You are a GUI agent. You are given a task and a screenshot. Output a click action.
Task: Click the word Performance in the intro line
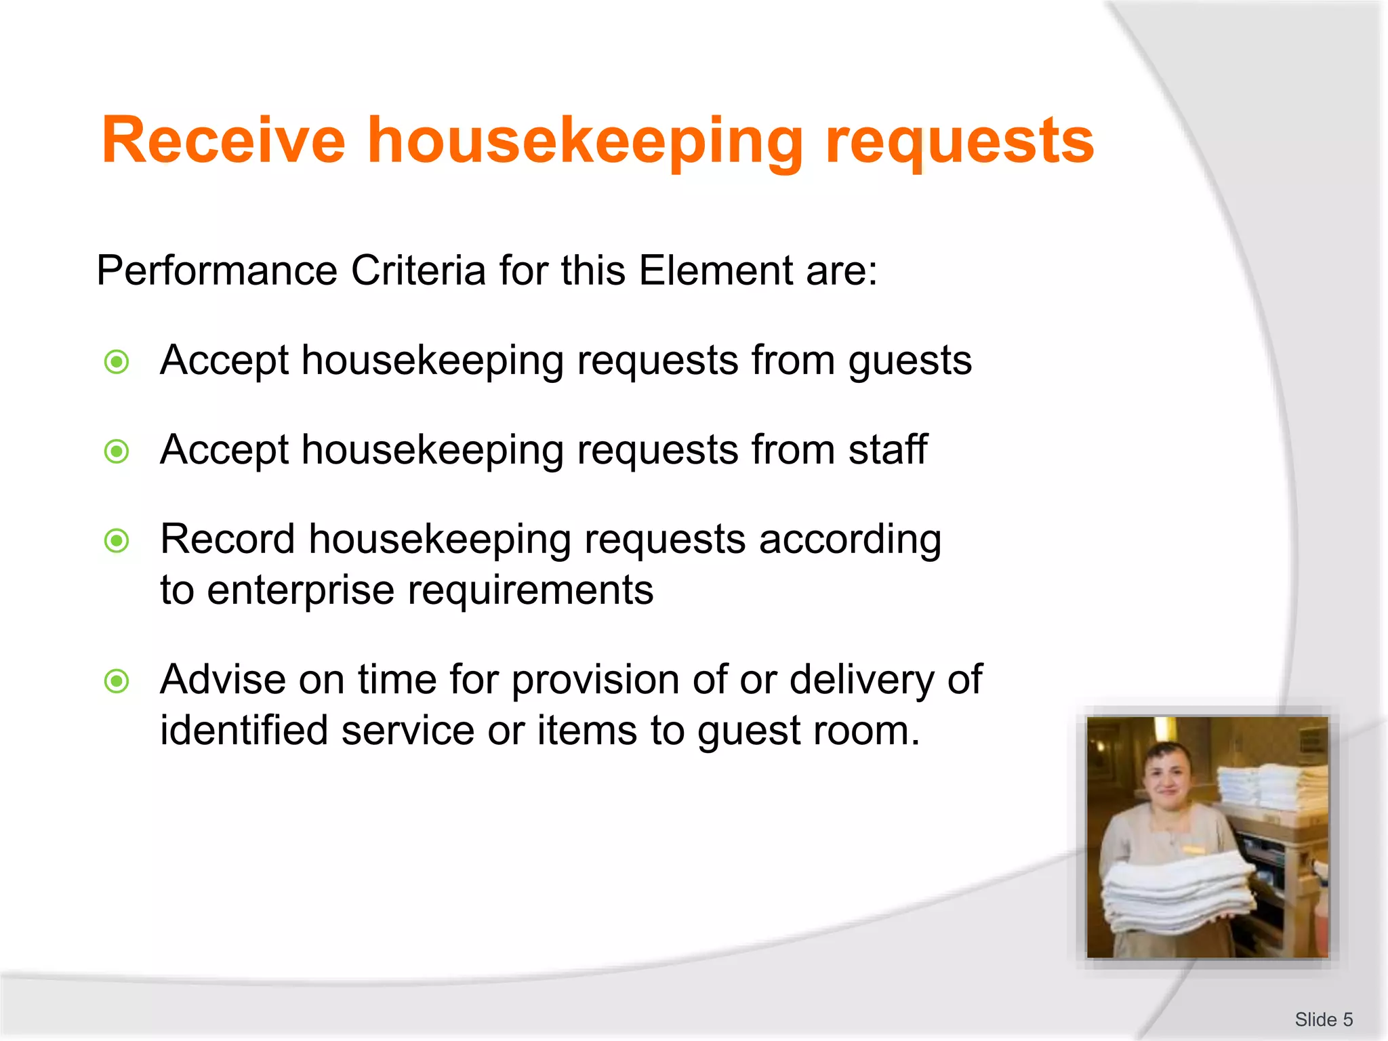tap(217, 270)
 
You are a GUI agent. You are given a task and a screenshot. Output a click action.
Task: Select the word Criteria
tap(418, 270)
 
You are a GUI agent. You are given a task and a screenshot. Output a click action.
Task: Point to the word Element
tap(715, 270)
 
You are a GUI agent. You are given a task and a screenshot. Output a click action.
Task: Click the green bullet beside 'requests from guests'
tap(117, 362)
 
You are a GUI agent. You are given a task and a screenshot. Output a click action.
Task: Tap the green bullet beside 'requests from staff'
tap(117, 451)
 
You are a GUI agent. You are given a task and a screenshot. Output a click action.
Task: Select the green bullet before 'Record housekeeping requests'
tap(117, 541)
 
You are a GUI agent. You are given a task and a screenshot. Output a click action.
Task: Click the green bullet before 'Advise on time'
tap(117, 681)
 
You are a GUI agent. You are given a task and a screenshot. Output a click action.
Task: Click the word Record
tap(228, 539)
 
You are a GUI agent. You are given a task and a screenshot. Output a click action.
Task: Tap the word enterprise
tap(300, 590)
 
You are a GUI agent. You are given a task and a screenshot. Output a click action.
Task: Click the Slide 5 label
tap(1323, 1019)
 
